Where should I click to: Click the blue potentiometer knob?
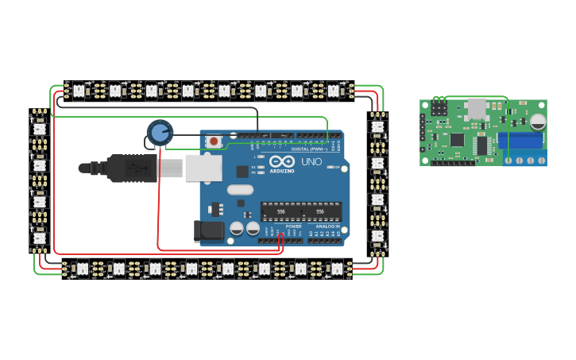tap(160, 132)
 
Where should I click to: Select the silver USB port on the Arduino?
tap(203, 168)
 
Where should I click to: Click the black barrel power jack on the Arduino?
tap(208, 230)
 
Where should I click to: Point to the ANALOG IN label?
tap(327, 226)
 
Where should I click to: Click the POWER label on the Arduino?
tap(293, 226)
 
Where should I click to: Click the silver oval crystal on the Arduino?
tap(239, 190)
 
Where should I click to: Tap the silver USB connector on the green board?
tap(477, 108)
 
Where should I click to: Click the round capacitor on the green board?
tap(538, 121)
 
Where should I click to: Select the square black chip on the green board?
tap(457, 140)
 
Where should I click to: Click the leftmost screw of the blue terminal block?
tap(507, 160)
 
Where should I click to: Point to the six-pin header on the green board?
tap(437, 108)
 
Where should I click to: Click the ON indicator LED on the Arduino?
tap(337, 168)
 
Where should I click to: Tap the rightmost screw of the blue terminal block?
tap(540, 160)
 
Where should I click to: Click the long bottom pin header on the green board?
tap(452, 162)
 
